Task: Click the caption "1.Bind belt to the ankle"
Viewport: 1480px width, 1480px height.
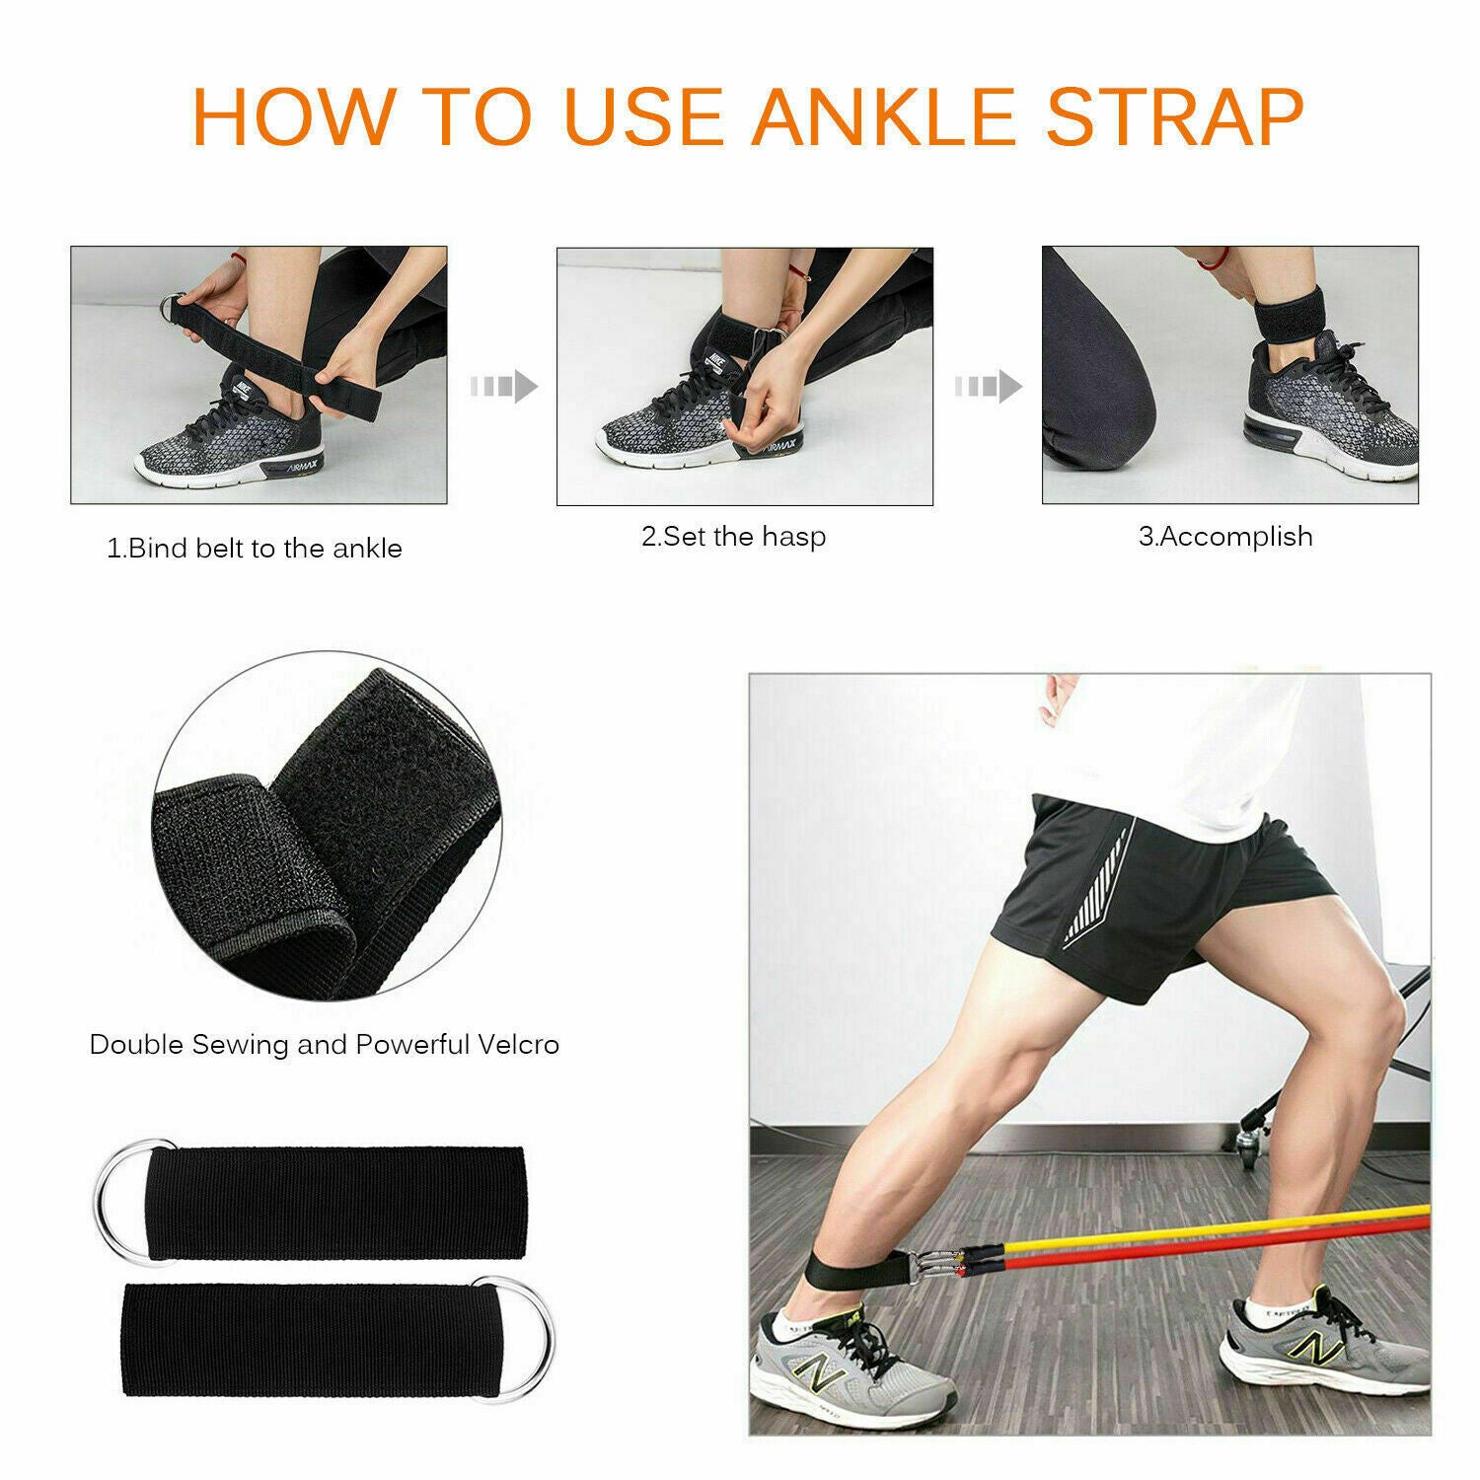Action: click(x=255, y=549)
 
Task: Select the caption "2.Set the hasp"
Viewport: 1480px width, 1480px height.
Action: click(x=733, y=537)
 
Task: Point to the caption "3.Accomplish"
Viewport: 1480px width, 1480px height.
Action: click(x=1225, y=537)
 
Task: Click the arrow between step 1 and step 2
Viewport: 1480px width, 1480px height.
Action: click(x=503, y=386)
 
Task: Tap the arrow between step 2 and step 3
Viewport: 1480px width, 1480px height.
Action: click(x=988, y=386)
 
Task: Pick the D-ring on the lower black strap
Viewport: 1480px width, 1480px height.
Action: click(x=523, y=1335)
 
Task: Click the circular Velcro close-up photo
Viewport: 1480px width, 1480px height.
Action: click(x=326, y=824)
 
